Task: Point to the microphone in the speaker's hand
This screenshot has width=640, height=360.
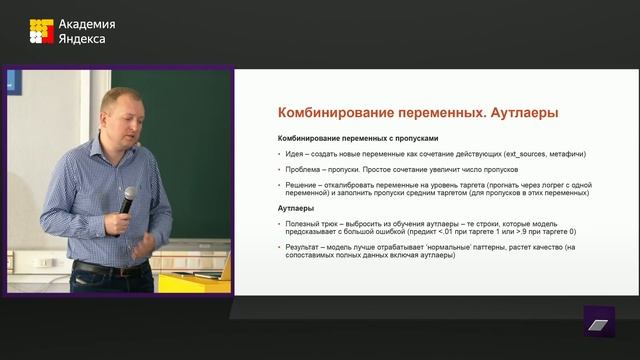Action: (x=127, y=198)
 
